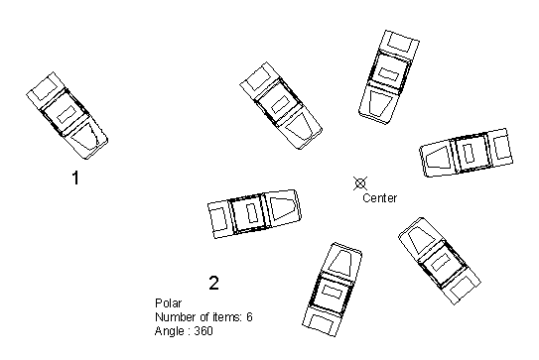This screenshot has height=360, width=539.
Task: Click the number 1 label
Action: click(x=75, y=178)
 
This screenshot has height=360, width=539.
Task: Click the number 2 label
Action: click(x=213, y=283)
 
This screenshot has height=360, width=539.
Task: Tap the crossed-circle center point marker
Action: click(x=360, y=183)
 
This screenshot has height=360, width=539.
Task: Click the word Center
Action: click(x=379, y=198)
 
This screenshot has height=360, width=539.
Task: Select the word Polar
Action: click(x=169, y=303)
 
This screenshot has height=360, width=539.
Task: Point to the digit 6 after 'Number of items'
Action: click(x=249, y=316)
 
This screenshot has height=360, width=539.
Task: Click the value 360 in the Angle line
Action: click(x=203, y=331)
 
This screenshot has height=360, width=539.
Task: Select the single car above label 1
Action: click(x=67, y=115)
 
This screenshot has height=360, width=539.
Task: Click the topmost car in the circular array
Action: click(x=389, y=77)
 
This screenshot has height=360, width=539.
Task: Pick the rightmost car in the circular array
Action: click(x=467, y=153)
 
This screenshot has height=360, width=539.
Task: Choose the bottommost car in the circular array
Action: click(x=333, y=290)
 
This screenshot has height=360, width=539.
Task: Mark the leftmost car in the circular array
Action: click(x=254, y=213)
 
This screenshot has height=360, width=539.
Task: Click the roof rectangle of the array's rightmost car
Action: click(x=468, y=153)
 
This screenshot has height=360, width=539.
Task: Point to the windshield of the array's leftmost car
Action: click(x=283, y=206)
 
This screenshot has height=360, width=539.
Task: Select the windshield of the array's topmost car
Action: click(x=380, y=103)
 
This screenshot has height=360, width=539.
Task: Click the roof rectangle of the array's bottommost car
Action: click(x=333, y=292)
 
